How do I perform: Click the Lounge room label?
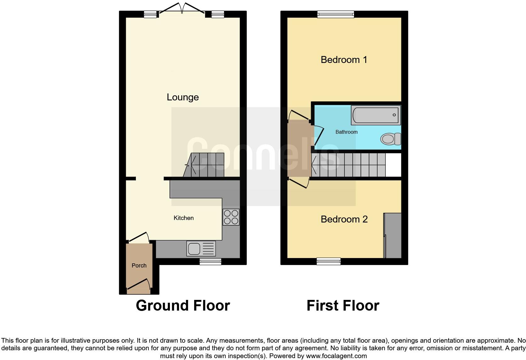[182, 97]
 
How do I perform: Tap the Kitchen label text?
[183, 218]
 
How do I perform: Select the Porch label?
[139, 265]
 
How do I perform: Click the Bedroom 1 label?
[344, 59]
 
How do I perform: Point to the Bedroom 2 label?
[344, 219]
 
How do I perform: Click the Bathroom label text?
[346, 132]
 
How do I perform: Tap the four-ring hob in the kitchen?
[231, 217]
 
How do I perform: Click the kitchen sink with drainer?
[201, 249]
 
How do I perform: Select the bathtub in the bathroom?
[376, 115]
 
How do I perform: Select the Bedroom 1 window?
[335, 14]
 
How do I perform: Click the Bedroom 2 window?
[328, 261]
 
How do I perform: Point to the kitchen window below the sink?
[210, 261]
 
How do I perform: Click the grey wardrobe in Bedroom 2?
[393, 235]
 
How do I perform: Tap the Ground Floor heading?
[183, 306]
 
